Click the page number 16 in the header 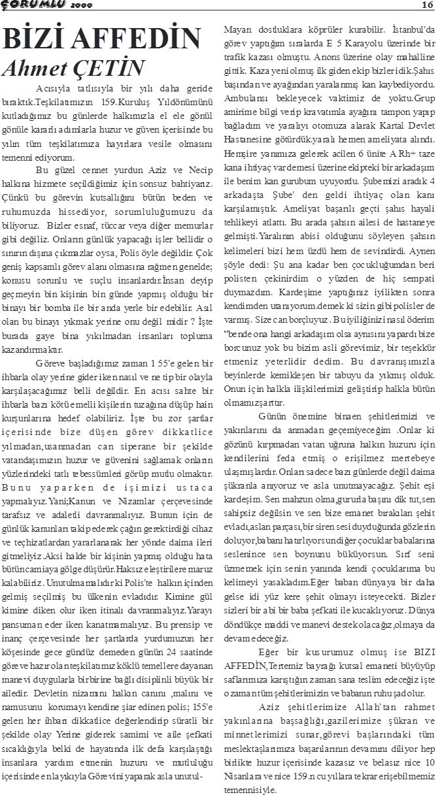[x=426, y=5]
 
